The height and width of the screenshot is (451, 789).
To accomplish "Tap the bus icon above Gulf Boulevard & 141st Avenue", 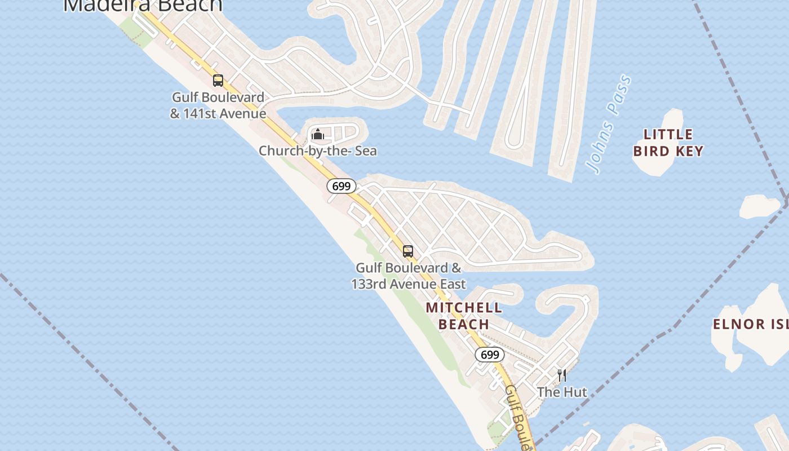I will pyautogui.click(x=218, y=81).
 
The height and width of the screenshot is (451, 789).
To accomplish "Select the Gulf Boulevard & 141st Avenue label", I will pyautogui.click(x=218, y=105).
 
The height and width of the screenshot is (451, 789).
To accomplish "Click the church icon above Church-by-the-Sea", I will pyautogui.click(x=318, y=134).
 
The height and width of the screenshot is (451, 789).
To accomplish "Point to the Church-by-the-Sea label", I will pyautogui.click(x=318, y=151).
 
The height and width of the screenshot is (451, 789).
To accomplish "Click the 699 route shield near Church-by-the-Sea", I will pyautogui.click(x=342, y=186).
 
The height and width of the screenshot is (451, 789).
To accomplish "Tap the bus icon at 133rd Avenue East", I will pyautogui.click(x=408, y=251).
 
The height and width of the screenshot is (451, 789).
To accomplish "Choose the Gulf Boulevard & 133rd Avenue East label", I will pyautogui.click(x=409, y=276).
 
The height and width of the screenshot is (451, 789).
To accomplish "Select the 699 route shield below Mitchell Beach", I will pyautogui.click(x=490, y=355).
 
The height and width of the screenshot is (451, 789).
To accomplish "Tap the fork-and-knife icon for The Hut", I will pyautogui.click(x=561, y=375).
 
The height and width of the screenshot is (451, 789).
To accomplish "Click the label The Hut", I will pyautogui.click(x=562, y=392).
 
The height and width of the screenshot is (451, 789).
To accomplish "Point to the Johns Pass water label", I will pyautogui.click(x=608, y=124).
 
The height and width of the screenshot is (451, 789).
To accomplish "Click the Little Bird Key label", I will pyautogui.click(x=668, y=143).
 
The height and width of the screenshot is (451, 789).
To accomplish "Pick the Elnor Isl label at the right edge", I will pyautogui.click(x=750, y=324).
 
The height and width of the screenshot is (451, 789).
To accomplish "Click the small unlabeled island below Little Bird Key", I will pyautogui.click(x=759, y=207).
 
